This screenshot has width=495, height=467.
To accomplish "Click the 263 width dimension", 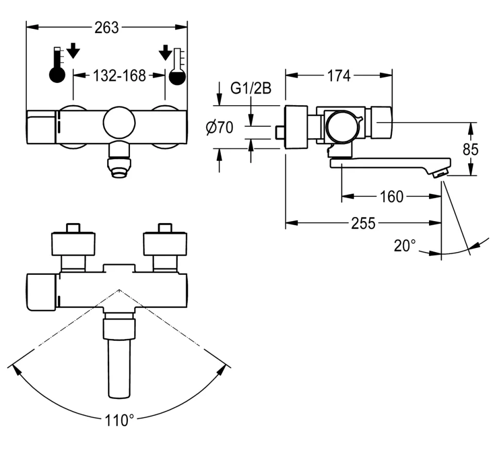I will pyautogui.click(x=107, y=27).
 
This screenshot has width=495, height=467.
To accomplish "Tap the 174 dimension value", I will pyautogui.click(x=339, y=75).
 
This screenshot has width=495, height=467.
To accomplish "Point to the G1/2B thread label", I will pyautogui.click(x=251, y=89).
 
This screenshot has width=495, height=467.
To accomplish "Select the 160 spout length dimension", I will pyautogui.click(x=392, y=196).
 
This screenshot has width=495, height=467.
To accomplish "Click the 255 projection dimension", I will pyautogui.click(x=364, y=223).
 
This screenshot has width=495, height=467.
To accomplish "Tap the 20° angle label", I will pyautogui.click(x=405, y=245).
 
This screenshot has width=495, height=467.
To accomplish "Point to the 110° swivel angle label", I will pyautogui.click(x=120, y=420).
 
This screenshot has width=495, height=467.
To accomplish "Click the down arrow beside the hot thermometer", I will pyautogui.click(x=74, y=51).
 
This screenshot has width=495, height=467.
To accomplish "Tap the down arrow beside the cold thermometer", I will pyautogui.click(x=164, y=52).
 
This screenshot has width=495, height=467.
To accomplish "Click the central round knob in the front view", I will pyautogui.click(x=119, y=123).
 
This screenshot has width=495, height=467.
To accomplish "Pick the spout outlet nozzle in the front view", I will pyautogui.click(x=119, y=166).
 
